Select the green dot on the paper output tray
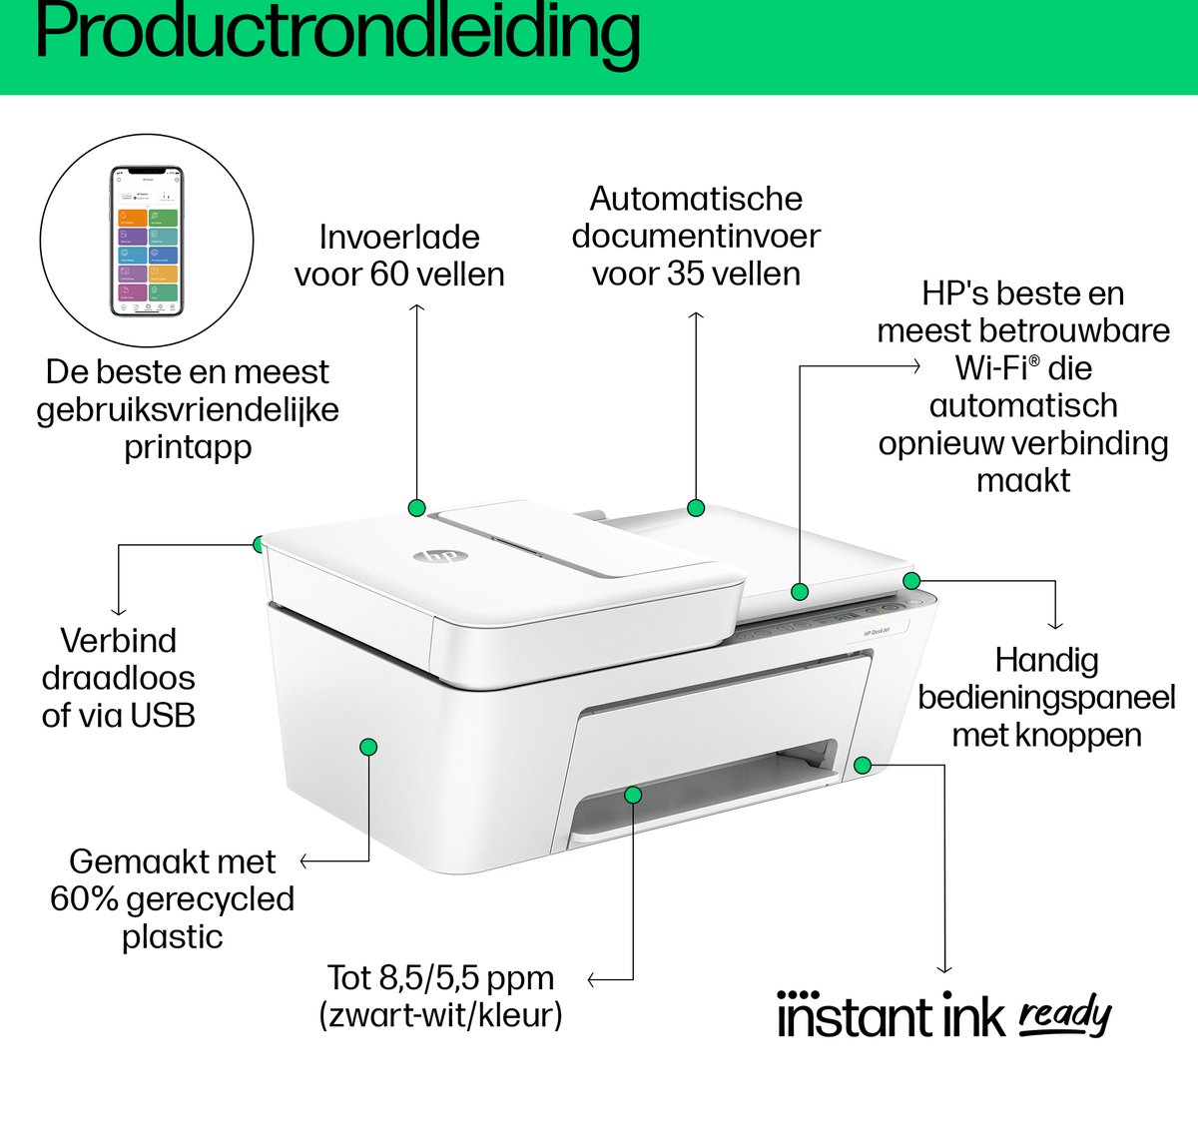633,794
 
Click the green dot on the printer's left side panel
367,747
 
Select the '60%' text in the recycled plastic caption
85,899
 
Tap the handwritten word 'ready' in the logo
1064,1015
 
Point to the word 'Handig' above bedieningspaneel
1046,660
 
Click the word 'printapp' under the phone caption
188,448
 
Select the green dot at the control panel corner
910,580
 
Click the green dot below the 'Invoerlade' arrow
416,507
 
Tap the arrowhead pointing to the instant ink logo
944,967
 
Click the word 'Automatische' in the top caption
696,199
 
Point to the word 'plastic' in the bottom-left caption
172,937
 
